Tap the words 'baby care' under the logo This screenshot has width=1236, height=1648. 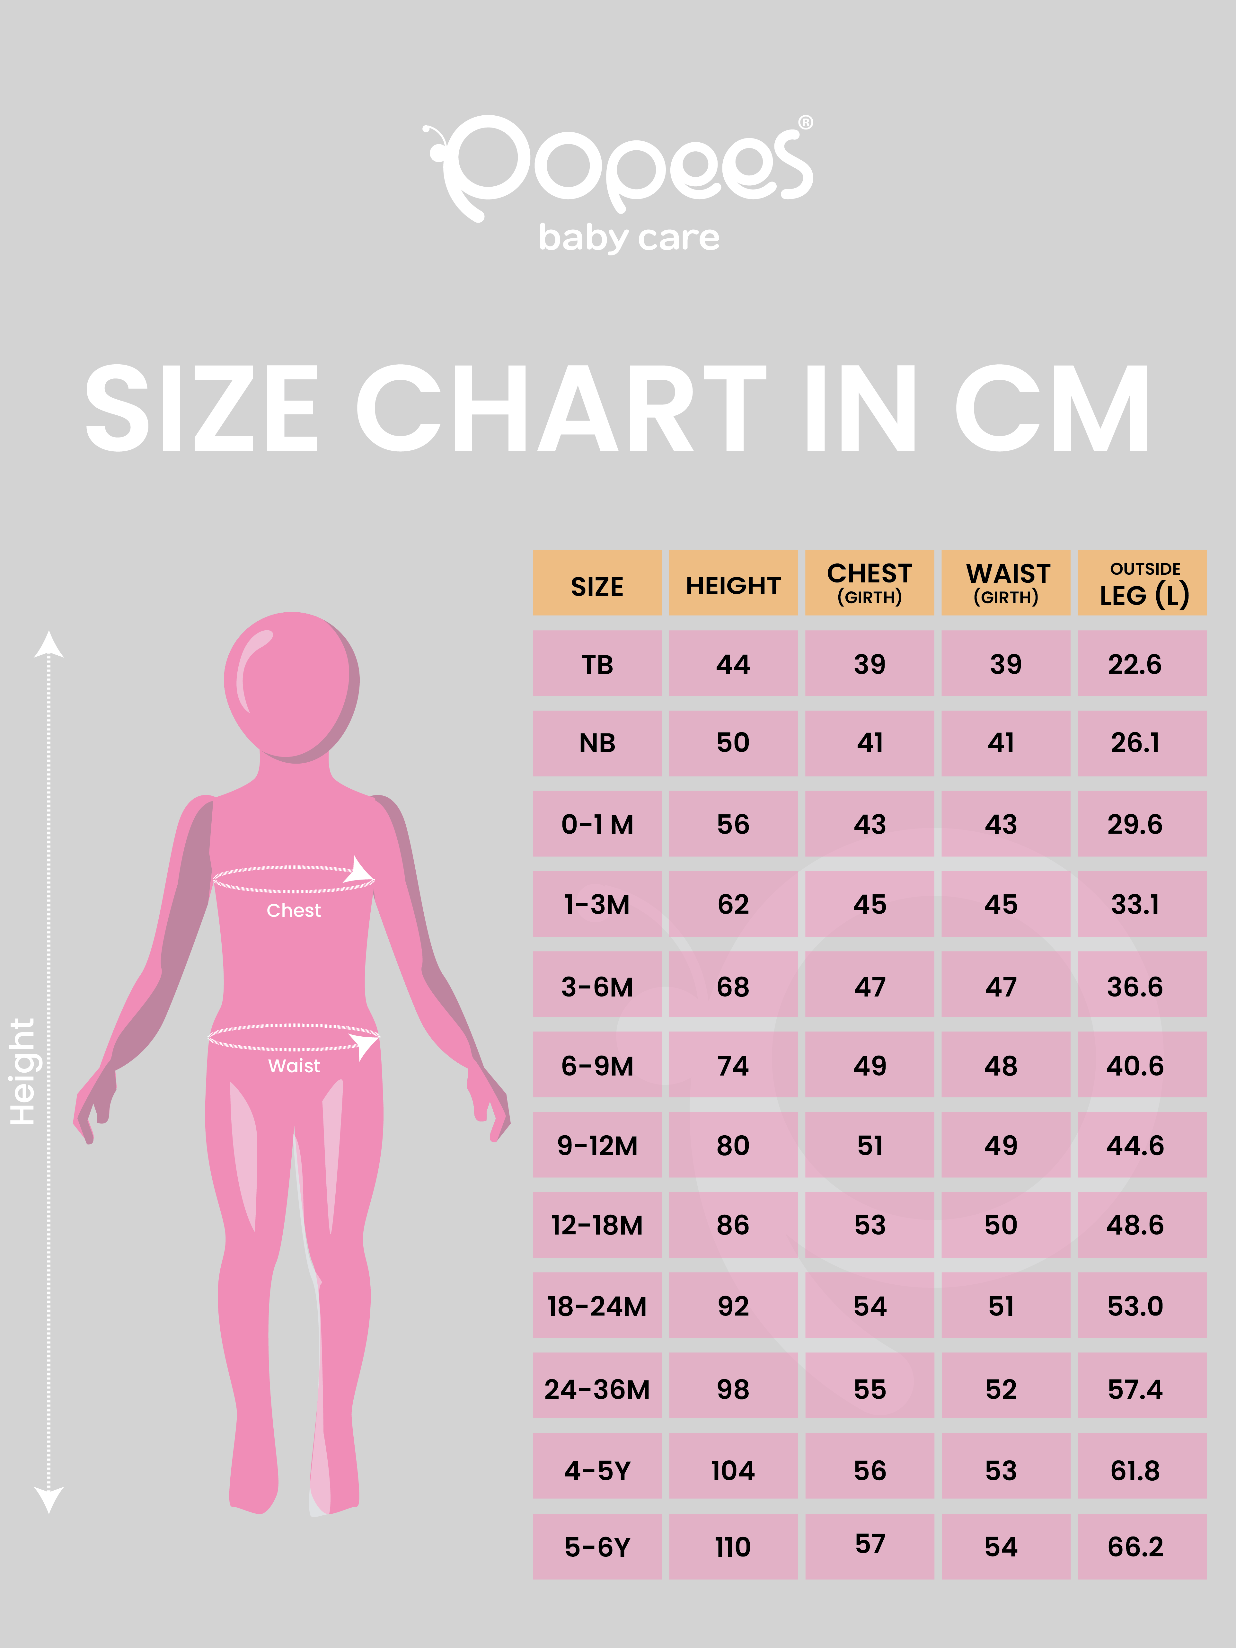pyautogui.click(x=629, y=238)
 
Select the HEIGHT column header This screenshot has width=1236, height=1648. pyautogui.click(x=733, y=586)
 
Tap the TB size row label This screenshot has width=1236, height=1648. pyautogui.click(x=597, y=664)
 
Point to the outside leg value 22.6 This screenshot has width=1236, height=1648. pyautogui.click(x=1135, y=664)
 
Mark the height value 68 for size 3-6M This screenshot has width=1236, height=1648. pyautogui.click(x=733, y=987)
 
